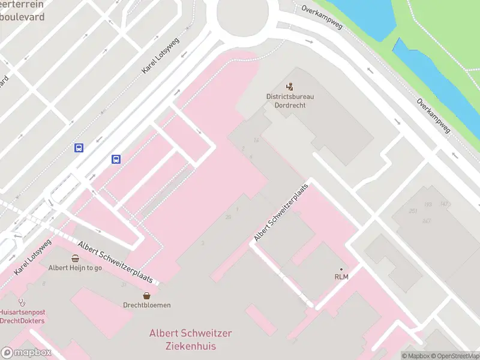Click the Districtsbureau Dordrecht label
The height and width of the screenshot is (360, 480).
290,100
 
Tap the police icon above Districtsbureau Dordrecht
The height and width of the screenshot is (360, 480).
290,87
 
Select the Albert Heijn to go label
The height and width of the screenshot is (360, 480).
75,268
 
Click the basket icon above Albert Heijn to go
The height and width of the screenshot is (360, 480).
75,259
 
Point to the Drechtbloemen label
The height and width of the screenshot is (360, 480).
147,305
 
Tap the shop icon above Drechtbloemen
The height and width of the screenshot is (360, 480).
147,295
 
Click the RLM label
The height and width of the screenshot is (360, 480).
341,276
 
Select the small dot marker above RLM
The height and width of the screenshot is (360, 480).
341,269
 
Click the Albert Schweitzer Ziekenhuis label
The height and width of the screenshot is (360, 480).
190,340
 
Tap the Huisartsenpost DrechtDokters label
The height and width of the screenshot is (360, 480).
22,316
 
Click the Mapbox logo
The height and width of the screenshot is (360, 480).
26,352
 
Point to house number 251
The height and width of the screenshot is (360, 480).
413,211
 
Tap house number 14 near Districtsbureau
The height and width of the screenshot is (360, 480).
256,140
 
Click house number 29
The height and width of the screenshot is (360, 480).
228,217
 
